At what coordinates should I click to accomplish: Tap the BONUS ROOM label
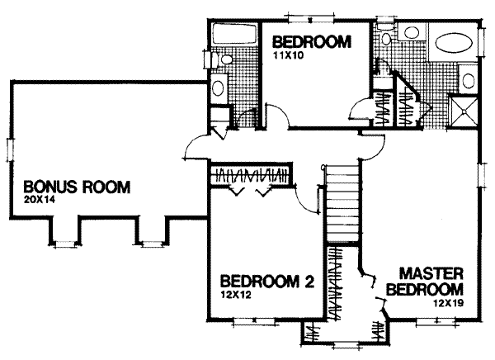pos(76,187)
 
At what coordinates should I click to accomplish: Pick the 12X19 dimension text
pos(446,303)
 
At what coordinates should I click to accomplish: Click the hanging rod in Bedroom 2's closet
pos(251,175)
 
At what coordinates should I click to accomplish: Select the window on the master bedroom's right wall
pos(478,174)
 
